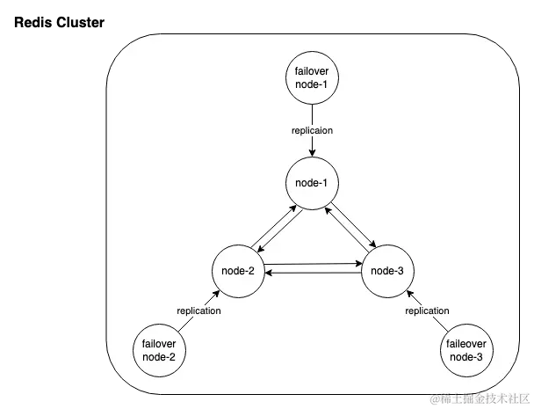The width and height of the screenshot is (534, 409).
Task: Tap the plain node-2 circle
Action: click(239, 269)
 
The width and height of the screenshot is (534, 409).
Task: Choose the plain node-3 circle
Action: click(387, 269)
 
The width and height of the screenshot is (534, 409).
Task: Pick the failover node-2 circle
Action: click(160, 350)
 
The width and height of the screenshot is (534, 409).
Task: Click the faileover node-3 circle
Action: click(465, 350)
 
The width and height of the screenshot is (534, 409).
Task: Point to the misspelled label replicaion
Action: click(313, 130)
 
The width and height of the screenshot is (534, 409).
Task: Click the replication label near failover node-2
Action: click(198, 310)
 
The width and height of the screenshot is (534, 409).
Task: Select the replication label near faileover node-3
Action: click(427, 310)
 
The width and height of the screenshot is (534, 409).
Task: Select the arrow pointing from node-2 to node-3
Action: click(313, 264)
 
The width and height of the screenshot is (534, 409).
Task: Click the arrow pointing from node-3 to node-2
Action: click(313, 274)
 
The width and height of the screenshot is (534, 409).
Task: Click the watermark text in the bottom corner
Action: click(479, 400)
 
